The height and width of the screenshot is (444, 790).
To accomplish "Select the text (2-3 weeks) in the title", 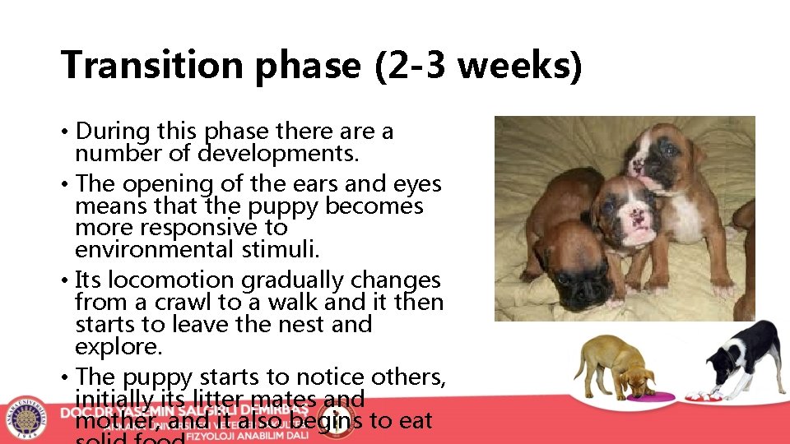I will click(478, 65).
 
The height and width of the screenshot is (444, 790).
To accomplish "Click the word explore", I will click(118, 346).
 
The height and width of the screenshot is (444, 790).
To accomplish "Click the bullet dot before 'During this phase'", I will click(63, 132).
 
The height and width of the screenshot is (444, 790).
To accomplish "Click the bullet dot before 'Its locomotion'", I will click(63, 281).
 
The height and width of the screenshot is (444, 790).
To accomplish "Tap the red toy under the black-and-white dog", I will click(709, 395).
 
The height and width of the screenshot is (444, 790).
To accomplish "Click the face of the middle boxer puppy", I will click(630, 213).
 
